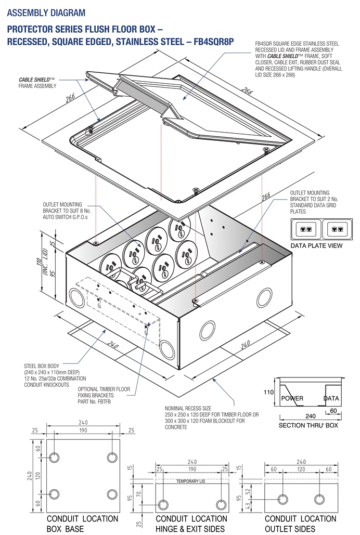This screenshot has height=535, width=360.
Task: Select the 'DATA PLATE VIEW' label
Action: (x=316, y=245)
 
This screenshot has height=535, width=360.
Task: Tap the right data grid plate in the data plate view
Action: (x=337, y=229)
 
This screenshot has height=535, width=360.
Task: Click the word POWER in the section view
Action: (x=292, y=399)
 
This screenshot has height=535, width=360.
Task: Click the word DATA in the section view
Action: (x=331, y=399)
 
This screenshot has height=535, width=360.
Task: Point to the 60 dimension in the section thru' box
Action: (x=332, y=411)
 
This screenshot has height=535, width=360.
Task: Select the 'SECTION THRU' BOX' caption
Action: (x=308, y=425)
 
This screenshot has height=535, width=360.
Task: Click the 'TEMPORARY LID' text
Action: (x=190, y=481)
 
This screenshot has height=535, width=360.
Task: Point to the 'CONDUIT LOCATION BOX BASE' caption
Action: (x=83, y=523)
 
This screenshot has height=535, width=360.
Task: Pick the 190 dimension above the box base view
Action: (x=83, y=431)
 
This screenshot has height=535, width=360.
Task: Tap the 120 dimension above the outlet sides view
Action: (x=300, y=469)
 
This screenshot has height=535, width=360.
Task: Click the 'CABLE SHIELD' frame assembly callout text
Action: (x=37, y=83)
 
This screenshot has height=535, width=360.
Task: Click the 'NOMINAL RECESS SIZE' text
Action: (x=189, y=409)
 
